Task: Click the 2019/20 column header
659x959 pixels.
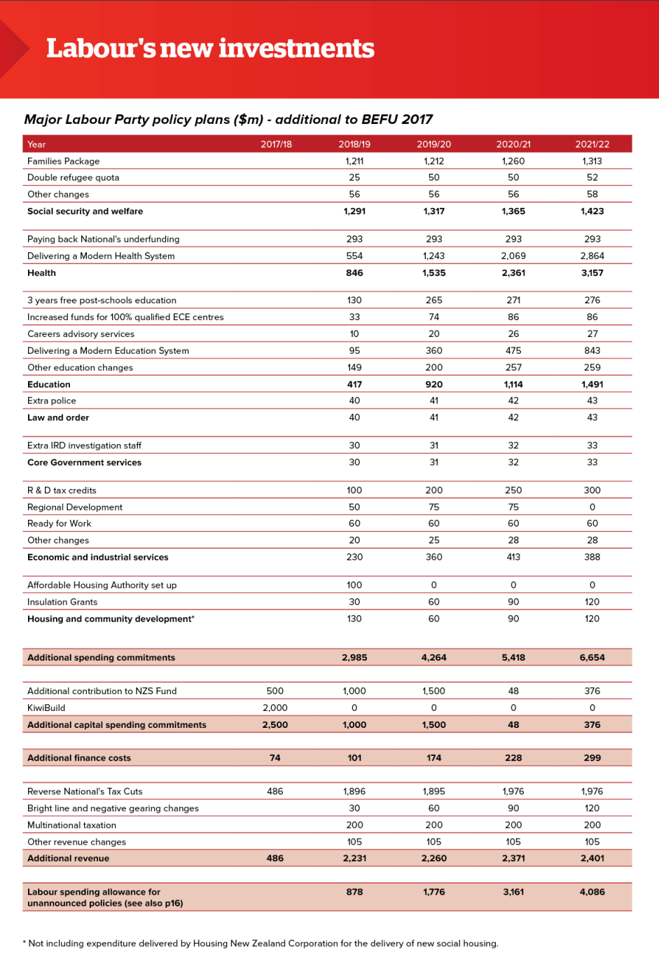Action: pyautogui.click(x=433, y=144)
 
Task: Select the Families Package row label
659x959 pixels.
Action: pyautogui.click(x=63, y=161)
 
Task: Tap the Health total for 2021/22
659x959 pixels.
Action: pyautogui.click(x=592, y=273)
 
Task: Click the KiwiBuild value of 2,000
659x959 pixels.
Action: pyautogui.click(x=275, y=708)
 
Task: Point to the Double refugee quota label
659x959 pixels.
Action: pyautogui.click(x=73, y=178)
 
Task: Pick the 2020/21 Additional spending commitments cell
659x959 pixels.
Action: pyautogui.click(x=513, y=658)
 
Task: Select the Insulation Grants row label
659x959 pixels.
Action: pyautogui.click(x=62, y=602)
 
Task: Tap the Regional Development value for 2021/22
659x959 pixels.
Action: pyautogui.click(x=592, y=507)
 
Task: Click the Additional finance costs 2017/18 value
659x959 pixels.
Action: pyautogui.click(x=275, y=758)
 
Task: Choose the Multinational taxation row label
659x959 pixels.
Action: pyautogui.click(x=71, y=825)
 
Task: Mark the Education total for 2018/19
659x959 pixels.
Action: pyautogui.click(x=354, y=385)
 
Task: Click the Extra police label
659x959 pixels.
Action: pyautogui.click(x=52, y=401)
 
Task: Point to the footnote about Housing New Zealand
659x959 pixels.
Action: pyautogui.click(x=261, y=944)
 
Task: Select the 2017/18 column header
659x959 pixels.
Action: pyautogui.click(x=276, y=144)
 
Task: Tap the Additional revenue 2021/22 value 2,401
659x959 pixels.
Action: pyautogui.click(x=592, y=859)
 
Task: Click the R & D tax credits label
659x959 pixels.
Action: pyautogui.click(x=62, y=490)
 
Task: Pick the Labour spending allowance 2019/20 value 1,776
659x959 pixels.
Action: pyautogui.click(x=433, y=892)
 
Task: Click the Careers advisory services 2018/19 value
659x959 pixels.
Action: pyautogui.click(x=354, y=334)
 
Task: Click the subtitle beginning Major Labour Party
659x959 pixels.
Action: pyautogui.click(x=228, y=120)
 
